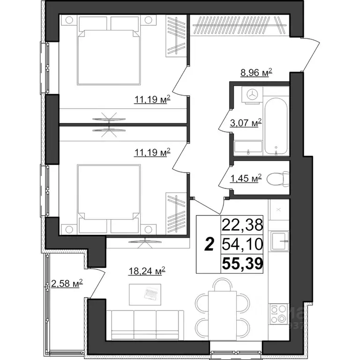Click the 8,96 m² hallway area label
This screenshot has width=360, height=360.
[x=255, y=73]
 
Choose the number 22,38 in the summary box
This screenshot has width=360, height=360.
[x=242, y=225]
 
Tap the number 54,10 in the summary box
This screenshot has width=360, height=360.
[x=242, y=244]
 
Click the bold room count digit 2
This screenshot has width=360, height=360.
[x=210, y=244]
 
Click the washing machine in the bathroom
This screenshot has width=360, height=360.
[x=252, y=95]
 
